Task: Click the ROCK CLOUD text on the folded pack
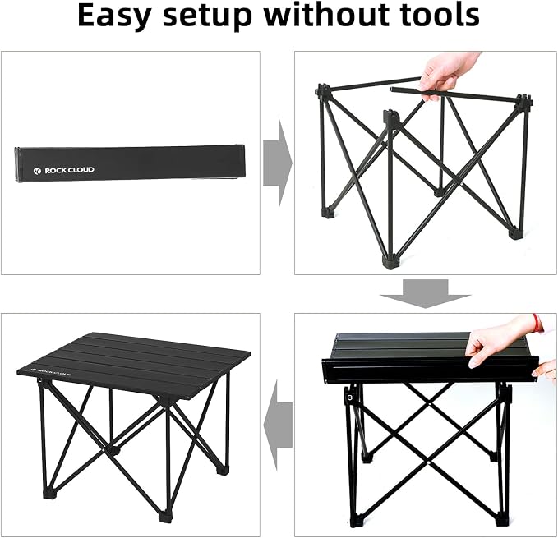click(x=69, y=170)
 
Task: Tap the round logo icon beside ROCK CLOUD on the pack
click(x=37, y=171)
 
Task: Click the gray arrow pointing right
click(x=278, y=163)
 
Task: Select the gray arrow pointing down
click(x=425, y=294)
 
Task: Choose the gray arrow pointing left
click(x=278, y=425)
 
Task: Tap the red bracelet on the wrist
click(x=537, y=323)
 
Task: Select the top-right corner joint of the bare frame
click(x=523, y=100)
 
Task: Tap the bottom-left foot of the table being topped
click(x=353, y=522)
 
